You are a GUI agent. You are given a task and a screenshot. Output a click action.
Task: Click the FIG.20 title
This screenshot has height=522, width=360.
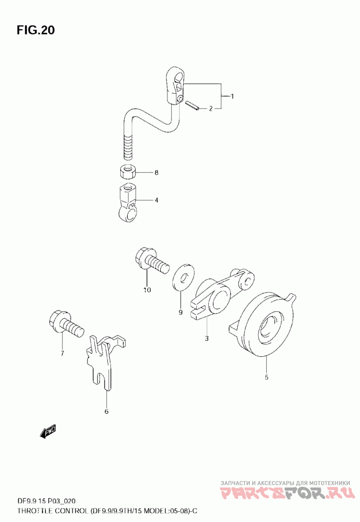(36, 30)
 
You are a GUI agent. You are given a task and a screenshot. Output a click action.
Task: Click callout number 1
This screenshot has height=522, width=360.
(232, 96)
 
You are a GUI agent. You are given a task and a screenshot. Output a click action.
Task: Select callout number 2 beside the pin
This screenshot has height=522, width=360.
(211, 109)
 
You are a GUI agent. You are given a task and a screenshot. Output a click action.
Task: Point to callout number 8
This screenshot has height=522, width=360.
(157, 172)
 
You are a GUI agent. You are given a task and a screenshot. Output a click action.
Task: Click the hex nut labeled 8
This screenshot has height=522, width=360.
(127, 172)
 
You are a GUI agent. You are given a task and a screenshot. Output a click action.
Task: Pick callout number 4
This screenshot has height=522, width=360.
(157, 200)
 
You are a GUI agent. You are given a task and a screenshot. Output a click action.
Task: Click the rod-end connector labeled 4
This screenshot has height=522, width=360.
(127, 203)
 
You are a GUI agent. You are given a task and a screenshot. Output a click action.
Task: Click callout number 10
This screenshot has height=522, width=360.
(147, 290)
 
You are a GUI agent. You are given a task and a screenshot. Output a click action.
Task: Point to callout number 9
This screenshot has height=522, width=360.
(180, 312)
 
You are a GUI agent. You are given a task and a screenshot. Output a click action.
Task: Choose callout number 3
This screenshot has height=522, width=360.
(207, 339)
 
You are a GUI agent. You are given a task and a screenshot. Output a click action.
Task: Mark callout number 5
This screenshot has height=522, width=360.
(266, 377)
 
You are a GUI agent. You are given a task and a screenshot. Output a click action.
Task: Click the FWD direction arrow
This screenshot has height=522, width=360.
(48, 431)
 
